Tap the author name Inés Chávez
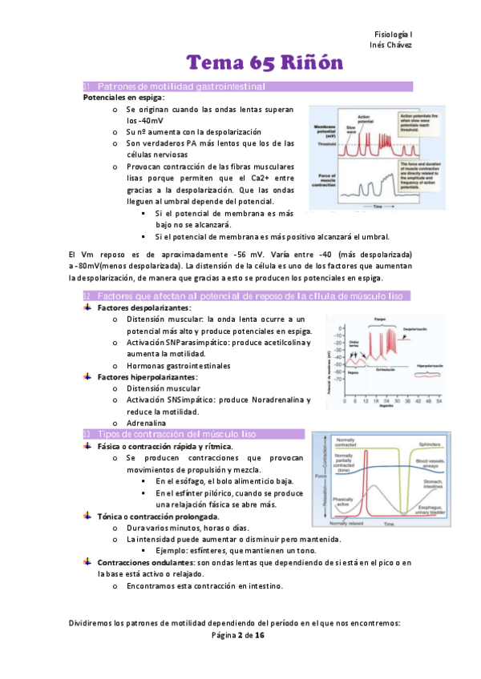[390, 44]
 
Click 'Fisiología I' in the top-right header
[393, 34]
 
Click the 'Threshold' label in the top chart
[325, 145]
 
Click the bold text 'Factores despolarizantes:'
[144, 308]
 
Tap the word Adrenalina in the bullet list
[146, 422]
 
